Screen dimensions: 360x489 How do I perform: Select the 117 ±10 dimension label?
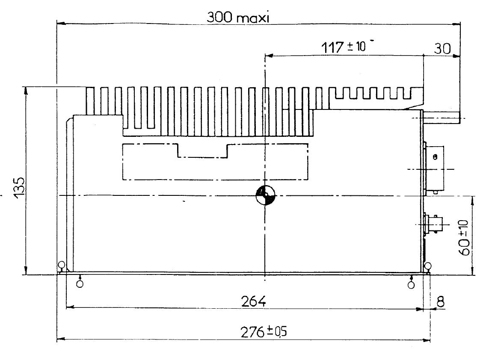tap(345, 47)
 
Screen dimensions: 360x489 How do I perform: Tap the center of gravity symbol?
tap(265, 195)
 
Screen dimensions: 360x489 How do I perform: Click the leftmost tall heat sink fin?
tap(90, 101)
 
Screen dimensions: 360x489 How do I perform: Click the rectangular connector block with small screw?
tap(434, 169)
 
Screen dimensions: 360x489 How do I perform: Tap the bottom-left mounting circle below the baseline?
tap(80, 284)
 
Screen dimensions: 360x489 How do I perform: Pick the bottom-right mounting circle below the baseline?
tap(411, 284)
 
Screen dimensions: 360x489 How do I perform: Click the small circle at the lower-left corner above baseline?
tap(62, 265)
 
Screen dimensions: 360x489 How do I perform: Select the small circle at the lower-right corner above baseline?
tap(428, 266)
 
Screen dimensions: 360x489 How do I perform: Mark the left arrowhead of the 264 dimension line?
tap(70, 307)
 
